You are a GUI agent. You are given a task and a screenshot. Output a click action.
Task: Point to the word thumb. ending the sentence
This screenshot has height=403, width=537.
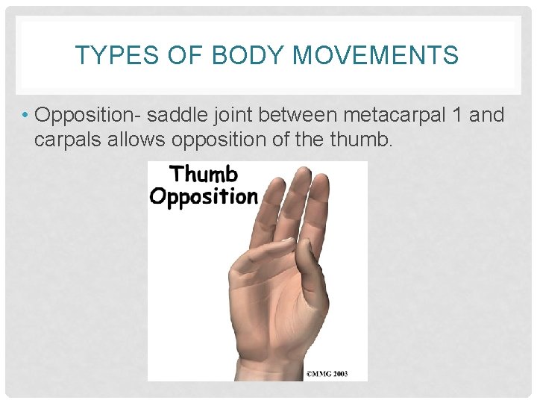click(x=363, y=140)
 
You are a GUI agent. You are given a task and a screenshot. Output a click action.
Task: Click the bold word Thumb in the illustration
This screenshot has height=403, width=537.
click(x=204, y=175)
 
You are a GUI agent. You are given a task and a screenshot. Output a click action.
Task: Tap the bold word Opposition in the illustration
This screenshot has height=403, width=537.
click(x=203, y=197)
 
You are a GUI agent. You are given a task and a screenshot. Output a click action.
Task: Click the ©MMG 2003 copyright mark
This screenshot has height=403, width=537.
click(x=326, y=372)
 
